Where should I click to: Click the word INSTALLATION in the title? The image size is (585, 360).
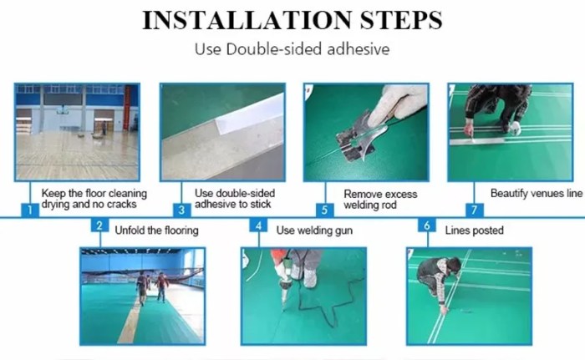247,20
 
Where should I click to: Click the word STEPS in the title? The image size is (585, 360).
401,20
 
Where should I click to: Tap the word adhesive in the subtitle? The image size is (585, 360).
359,49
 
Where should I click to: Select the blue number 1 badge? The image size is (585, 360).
30,210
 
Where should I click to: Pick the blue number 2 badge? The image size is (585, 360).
99,226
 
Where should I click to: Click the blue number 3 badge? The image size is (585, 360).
181,210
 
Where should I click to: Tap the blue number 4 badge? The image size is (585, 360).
258,226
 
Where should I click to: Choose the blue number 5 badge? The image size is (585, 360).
324,210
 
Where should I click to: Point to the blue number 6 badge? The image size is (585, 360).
427,226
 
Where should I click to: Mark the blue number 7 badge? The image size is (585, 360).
475,210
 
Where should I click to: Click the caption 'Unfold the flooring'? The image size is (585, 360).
157,231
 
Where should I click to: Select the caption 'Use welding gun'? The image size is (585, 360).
314,231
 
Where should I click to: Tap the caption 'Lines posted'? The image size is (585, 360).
474,231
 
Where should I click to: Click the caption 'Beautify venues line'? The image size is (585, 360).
537,194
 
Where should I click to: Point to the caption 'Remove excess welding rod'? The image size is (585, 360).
380,200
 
